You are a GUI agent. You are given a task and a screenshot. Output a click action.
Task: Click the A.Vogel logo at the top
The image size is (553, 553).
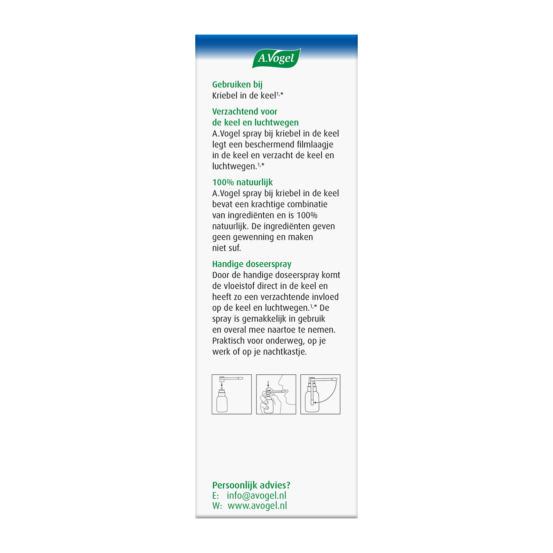(x=276, y=58)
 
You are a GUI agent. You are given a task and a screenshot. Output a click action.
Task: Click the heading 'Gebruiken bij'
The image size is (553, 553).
(x=237, y=84)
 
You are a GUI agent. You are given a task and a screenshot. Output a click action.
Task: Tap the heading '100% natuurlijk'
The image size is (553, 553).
(x=242, y=182)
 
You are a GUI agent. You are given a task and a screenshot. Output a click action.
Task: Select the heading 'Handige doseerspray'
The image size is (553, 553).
(x=252, y=264)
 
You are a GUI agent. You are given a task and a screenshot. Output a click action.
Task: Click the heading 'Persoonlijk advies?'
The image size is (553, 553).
(x=251, y=485)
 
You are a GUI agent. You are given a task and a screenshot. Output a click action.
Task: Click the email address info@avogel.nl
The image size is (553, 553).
(x=256, y=495)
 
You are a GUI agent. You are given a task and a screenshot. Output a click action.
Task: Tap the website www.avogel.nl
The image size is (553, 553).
(x=257, y=506)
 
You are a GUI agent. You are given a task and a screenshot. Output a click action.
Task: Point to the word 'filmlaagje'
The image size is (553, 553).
(x=315, y=144)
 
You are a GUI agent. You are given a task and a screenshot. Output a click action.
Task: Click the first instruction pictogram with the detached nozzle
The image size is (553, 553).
(x=232, y=394)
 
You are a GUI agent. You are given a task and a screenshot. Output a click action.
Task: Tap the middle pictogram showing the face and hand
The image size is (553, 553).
(x=276, y=394)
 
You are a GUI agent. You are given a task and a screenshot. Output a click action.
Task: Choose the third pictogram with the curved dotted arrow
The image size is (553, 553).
(x=320, y=394)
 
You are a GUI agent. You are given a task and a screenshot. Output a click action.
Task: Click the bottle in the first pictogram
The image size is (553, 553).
(x=222, y=402)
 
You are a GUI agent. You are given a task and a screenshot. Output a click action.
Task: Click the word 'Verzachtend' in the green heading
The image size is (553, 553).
(x=235, y=112)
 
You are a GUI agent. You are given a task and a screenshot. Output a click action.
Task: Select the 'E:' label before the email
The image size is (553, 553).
(x=215, y=496)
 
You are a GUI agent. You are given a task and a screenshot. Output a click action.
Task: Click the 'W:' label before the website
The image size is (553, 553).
(x=217, y=506)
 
